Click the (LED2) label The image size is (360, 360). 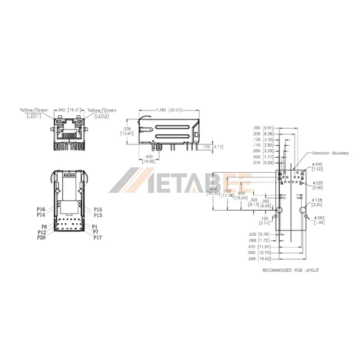point(101,116)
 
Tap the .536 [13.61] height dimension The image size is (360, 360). point(127,131)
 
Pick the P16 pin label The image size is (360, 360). point(41,208)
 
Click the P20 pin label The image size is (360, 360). point(41,238)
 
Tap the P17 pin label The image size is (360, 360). point(97,238)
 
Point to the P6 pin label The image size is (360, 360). point(44,226)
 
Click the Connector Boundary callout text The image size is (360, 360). point(328,153)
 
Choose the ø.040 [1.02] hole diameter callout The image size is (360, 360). point(318,167)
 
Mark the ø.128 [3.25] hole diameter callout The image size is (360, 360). point(319,202)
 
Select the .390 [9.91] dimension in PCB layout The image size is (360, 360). point(263,128)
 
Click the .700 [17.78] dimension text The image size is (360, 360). point(227,193)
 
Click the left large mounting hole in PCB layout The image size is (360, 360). point(279,211)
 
